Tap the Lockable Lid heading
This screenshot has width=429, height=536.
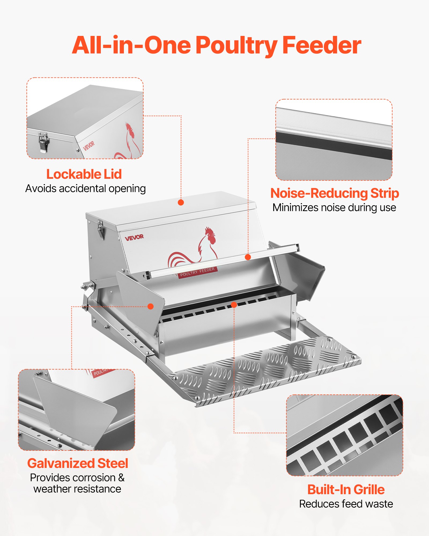pyautogui.click(x=84, y=174)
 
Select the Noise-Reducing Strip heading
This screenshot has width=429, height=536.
pyautogui.click(x=334, y=193)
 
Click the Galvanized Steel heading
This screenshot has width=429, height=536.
pyautogui.click(x=78, y=463)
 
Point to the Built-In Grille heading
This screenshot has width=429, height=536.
pyautogui.click(x=346, y=489)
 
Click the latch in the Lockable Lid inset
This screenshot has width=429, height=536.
pyautogui.click(x=43, y=142)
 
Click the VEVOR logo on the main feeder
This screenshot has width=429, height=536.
pyautogui.click(x=134, y=237)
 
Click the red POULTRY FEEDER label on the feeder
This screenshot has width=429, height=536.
pyautogui.click(x=197, y=272)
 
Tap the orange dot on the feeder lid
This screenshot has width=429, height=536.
pyautogui.click(x=181, y=202)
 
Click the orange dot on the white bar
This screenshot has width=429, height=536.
pyautogui.click(x=248, y=257)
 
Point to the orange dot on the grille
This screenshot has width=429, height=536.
pyautogui.click(x=234, y=305)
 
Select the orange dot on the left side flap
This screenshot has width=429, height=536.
pyautogui.click(x=151, y=306)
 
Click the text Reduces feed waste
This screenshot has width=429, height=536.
pyautogui.click(x=346, y=504)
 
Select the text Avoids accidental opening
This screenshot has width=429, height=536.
pyautogui.click(x=86, y=189)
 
